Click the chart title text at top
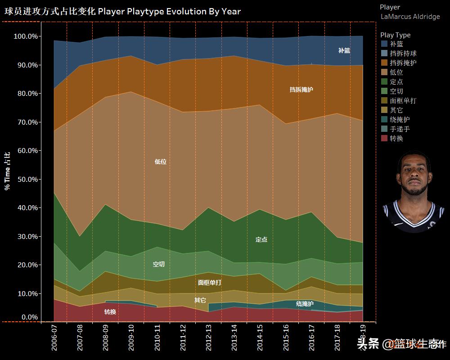click(x=122, y=12)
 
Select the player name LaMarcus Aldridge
click(x=410, y=17)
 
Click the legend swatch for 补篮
click(x=384, y=44)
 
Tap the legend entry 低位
click(x=396, y=72)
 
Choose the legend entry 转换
click(x=396, y=138)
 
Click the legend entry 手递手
click(x=400, y=129)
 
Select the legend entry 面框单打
click(x=403, y=100)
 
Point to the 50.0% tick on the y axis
click(x=27, y=179)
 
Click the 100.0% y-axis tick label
click(x=26, y=36)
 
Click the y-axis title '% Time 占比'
click(x=7, y=171)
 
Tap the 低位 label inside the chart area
click(x=160, y=162)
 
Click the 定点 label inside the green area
click(x=261, y=240)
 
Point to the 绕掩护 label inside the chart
click(x=305, y=304)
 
